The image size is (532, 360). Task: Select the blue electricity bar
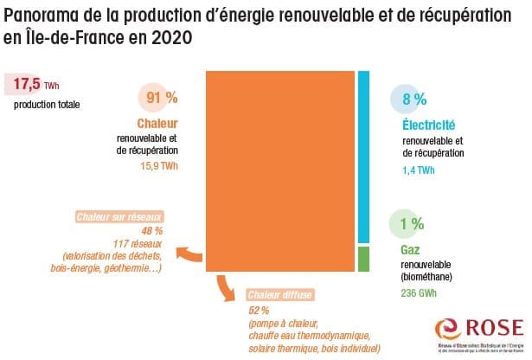tap(364, 156)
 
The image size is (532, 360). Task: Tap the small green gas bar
tap(364, 258)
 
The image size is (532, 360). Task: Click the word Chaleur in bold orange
tap(157, 124)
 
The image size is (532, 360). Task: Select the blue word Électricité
tap(430, 126)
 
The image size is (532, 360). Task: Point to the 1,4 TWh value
tap(420, 170)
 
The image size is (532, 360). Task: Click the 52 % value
tap(259, 309)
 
